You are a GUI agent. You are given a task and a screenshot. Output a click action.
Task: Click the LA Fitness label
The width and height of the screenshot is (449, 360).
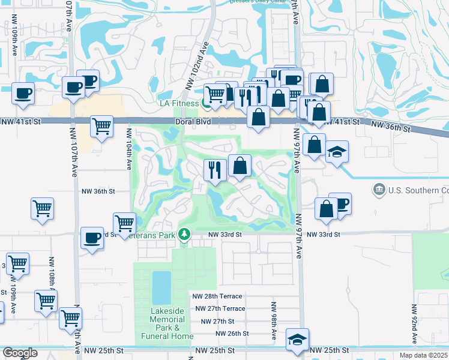click(x=178, y=103)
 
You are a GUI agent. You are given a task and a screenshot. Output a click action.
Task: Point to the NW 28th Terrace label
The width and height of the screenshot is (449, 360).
click(x=217, y=296)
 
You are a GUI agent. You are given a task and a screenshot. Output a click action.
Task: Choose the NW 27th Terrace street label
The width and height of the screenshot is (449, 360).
click(x=220, y=308)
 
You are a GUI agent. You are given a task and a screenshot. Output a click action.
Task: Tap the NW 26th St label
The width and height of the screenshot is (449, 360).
click(x=232, y=334)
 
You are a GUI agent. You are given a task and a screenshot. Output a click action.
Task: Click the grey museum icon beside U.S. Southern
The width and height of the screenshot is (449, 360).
click(x=379, y=190)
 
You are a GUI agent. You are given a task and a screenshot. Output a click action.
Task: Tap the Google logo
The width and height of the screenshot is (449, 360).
click(x=20, y=353)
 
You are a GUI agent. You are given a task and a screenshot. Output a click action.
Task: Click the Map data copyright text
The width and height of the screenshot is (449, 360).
click(x=424, y=355)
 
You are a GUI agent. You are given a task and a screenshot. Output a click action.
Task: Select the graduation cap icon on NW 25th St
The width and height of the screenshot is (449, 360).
click(x=297, y=340)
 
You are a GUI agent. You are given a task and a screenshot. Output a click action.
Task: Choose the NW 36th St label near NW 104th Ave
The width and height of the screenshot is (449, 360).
click(x=98, y=191)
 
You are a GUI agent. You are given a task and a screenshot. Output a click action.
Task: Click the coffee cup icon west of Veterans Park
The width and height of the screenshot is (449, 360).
click(x=92, y=238)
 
